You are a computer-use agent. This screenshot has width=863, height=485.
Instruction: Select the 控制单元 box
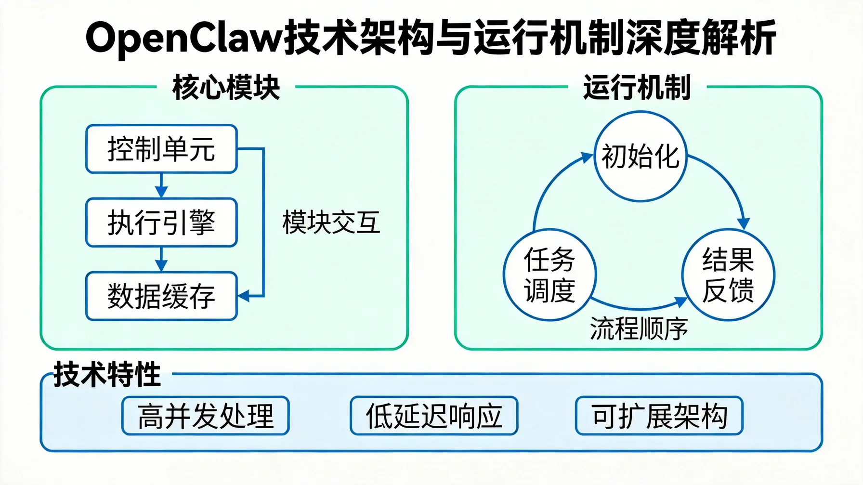pyautogui.click(x=161, y=149)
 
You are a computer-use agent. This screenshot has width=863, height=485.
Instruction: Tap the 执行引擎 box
pyautogui.click(x=161, y=223)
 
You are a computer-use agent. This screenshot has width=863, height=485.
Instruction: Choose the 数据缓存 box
pyautogui.click(x=161, y=296)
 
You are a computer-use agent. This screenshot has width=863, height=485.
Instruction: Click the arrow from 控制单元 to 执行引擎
pyautogui.click(x=161, y=186)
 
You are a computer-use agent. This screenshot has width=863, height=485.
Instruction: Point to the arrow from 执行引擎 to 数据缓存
pyautogui.click(x=161, y=260)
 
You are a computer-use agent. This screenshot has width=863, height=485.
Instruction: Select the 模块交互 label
pyautogui.click(x=331, y=223)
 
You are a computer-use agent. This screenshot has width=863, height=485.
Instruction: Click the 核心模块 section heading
pyautogui.click(x=226, y=88)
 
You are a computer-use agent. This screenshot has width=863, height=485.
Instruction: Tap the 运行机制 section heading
pyautogui.click(x=637, y=88)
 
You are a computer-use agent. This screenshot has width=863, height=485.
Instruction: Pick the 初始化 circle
pyautogui.click(x=640, y=157)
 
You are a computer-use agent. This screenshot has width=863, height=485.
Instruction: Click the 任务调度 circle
pyautogui.click(x=549, y=275)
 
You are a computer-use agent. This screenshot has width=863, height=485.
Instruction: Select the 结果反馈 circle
pyautogui.click(x=728, y=275)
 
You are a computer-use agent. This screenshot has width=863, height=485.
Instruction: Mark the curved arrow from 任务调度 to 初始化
pyautogui.click(x=549, y=188)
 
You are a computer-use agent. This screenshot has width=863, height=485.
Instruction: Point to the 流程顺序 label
pyautogui.click(x=639, y=329)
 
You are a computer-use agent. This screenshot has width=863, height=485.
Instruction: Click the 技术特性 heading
pyautogui.click(x=107, y=375)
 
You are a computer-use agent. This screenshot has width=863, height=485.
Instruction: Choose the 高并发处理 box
pyautogui.click(x=206, y=416)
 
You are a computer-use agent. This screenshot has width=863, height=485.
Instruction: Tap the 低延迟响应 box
pyautogui.click(x=434, y=416)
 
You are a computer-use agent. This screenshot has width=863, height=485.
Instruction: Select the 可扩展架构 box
pyautogui.click(x=659, y=416)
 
